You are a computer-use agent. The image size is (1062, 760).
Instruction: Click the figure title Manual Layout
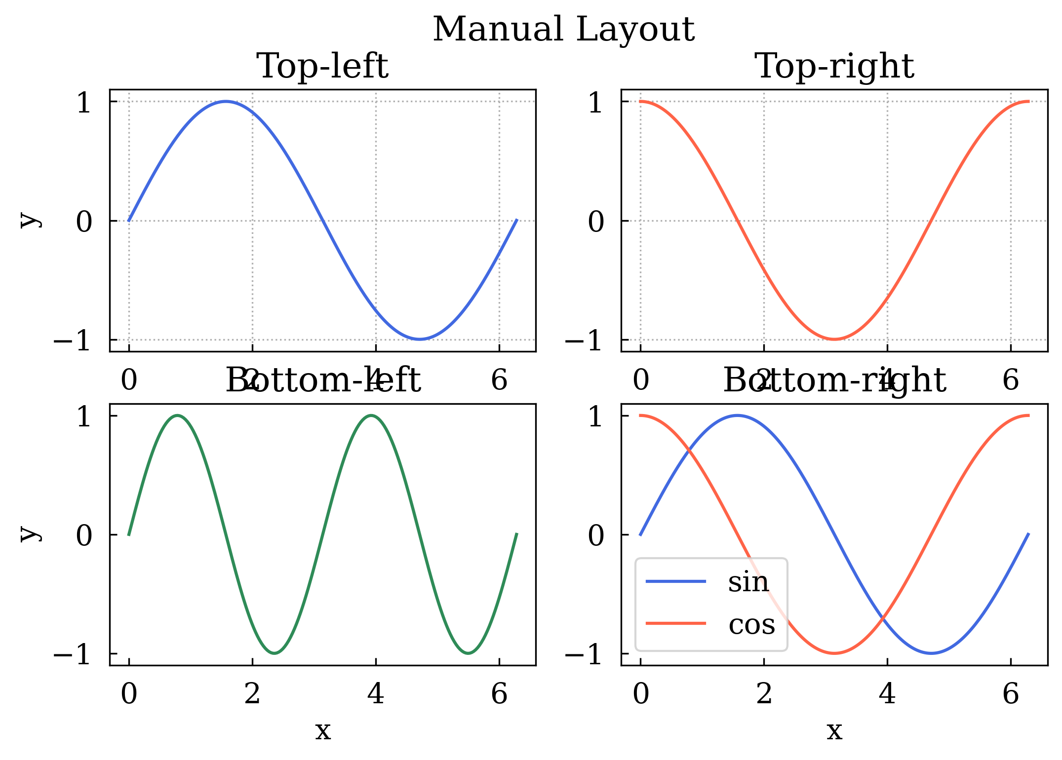(x=563, y=30)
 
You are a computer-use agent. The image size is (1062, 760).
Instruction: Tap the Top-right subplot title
(x=834, y=66)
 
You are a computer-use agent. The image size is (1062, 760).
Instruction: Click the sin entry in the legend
(x=748, y=582)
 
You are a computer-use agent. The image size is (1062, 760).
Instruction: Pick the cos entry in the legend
(x=751, y=624)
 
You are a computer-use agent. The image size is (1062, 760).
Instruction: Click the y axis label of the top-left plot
(x=29, y=220)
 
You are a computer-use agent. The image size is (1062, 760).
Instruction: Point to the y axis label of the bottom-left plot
(x=29, y=534)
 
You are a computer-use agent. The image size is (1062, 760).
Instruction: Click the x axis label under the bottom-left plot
(x=323, y=730)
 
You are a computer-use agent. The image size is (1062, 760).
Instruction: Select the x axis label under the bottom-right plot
(x=834, y=730)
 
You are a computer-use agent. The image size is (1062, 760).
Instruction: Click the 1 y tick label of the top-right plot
(x=595, y=103)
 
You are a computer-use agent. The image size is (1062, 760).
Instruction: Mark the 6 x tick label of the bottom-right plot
(x=1011, y=694)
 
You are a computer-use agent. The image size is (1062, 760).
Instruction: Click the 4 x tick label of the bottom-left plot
(x=376, y=694)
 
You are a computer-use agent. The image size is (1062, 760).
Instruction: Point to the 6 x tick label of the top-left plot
(x=499, y=380)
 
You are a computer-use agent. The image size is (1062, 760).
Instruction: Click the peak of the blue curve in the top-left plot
(x=226, y=102)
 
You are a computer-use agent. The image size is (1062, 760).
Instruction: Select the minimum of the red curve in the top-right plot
(x=834, y=339)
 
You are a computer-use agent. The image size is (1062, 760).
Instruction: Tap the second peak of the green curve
(x=371, y=416)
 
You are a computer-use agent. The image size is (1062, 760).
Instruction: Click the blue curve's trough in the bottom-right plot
(x=931, y=653)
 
